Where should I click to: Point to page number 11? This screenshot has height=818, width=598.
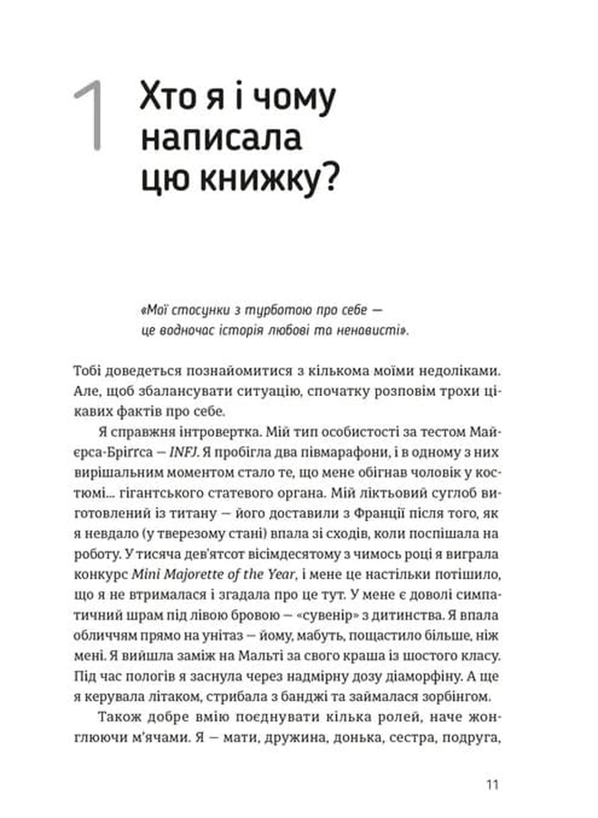point(492,784)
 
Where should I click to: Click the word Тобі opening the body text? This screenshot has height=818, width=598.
point(91,372)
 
